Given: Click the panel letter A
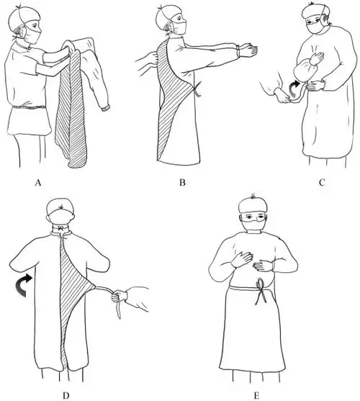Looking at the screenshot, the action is [x=38, y=183].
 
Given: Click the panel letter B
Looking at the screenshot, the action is [x=182, y=183].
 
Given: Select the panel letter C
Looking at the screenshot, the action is [x=322, y=183].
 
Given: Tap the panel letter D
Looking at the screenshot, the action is [x=66, y=395].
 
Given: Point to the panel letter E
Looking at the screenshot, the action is [x=256, y=395].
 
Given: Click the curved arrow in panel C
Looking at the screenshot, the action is [x=293, y=89].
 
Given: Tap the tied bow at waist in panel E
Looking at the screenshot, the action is [x=261, y=291].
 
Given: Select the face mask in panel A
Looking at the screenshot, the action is [x=33, y=37].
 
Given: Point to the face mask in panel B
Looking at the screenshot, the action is [x=179, y=27].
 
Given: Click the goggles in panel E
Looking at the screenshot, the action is [x=253, y=217].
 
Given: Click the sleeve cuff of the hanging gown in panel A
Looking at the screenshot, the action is [x=105, y=108].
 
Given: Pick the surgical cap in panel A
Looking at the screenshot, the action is [x=24, y=17].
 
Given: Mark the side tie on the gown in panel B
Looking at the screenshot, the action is [x=197, y=89].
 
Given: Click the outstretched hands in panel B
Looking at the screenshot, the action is [x=247, y=50].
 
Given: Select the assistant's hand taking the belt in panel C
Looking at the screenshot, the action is [x=282, y=96].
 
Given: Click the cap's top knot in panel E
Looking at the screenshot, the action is [x=253, y=196].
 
